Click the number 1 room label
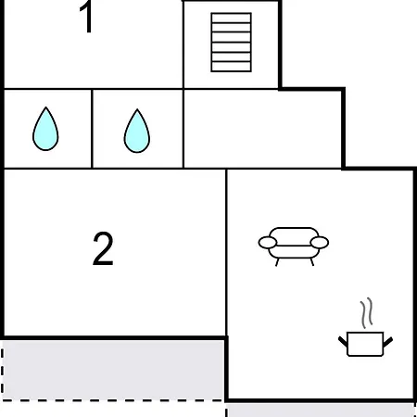point(86,17)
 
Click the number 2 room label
point(103,248)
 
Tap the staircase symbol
point(232,43)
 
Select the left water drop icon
point(45,129)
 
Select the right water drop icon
point(137,131)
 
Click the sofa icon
point(294,246)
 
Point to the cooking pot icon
point(365,344)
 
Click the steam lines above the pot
point(366,313)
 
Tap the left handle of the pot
point(343,342)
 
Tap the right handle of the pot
point(388,342)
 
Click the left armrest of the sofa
point(268,243)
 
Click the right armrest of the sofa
point(320,243)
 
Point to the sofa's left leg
point(277,262)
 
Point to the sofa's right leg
point(312,262)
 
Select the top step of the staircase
point(232,18)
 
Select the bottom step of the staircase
point(232,67)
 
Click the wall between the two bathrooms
point(92,129)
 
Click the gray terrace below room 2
point(113,370)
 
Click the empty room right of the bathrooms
point(262,129)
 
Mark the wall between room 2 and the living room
point(226,252)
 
